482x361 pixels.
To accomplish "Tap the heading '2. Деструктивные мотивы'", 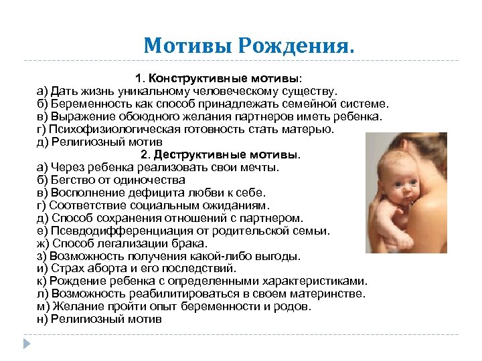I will [x=221, y=155].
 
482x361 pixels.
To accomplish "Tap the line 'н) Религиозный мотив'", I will [x=99, y=320].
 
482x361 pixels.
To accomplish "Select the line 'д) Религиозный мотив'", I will [x=99, y=142].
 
